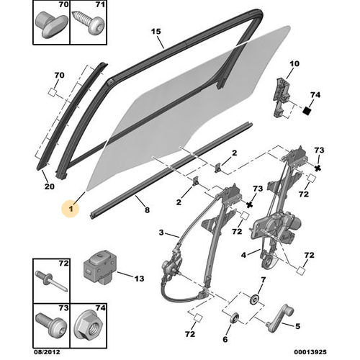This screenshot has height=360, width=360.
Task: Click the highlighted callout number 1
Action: click(71, 209)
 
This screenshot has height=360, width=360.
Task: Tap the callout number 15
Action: click(156, 32)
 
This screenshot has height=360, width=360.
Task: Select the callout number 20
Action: click(50, 186)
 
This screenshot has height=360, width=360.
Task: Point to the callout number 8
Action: click(147, 210)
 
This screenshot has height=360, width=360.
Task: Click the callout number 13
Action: click(139, 279)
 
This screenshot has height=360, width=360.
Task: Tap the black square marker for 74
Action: click(307, 111)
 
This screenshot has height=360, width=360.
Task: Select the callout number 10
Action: click(294, 63)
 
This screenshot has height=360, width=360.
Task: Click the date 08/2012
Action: click(47, 352)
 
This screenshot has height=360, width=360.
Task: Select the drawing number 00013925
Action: click(310, 352)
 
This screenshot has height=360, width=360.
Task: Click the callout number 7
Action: click(264, 280)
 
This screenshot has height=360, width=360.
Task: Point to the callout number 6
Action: click(225, 339)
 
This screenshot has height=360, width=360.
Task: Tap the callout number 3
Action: click(161, 233)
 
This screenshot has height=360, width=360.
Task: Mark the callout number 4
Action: click(243, 255)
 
